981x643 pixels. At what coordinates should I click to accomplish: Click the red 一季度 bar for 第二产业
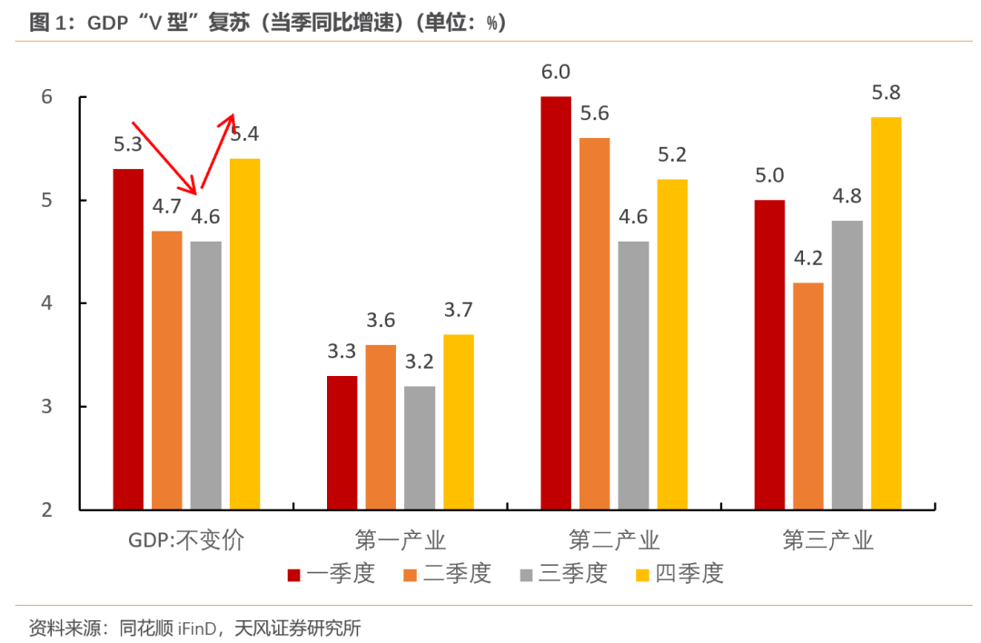point(556,302)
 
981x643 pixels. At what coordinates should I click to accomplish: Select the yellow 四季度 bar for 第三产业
point(887,313)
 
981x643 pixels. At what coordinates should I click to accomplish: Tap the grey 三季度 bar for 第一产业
point(420,448)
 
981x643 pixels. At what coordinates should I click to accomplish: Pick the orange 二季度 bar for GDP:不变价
point(167,370)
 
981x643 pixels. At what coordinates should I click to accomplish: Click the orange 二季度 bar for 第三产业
point(808,396)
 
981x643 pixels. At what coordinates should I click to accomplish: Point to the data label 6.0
point(556,72)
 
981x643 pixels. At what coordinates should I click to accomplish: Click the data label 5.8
point(887,93)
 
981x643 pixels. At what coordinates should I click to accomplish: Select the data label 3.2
point(420,361)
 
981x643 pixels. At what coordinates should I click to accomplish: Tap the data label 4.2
point(808,258)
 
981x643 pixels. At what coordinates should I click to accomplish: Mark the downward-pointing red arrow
point(164,157)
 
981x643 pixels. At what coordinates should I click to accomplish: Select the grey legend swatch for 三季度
point(527,575)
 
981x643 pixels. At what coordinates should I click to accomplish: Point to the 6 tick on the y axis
point(47,97)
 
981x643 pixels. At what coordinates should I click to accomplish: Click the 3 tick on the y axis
point(47,406)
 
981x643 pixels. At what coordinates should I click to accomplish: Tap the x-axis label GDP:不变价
point(186,541)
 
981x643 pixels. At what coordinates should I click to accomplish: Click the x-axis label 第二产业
point(614,541)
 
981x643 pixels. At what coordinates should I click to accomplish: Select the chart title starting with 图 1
point(268,24)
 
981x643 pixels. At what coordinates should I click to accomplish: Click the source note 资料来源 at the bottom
point(195,628)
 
